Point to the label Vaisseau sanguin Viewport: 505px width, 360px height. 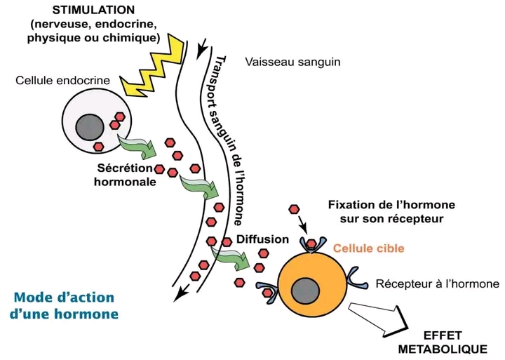[x=293, y=62]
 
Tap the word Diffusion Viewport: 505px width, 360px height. [x=263, y=239]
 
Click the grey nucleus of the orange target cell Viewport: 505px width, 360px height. [x=307, y=290]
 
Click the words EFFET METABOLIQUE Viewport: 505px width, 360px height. [x=443, y=342]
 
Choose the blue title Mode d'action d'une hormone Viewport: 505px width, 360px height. [x=65, y=306]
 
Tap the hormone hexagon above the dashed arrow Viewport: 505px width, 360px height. [x=295, y=210]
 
